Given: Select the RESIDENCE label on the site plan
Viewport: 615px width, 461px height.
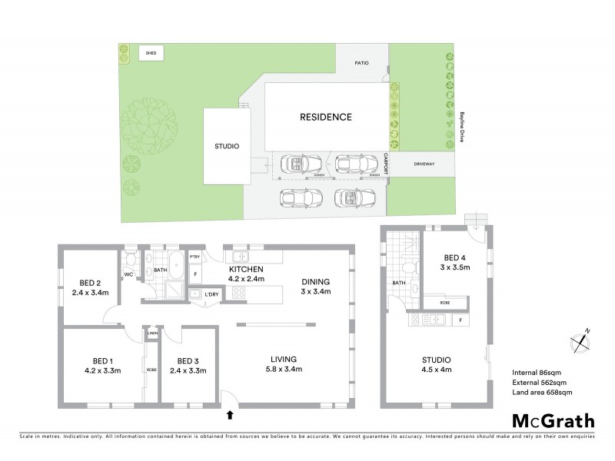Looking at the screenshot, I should (x=325, y=118).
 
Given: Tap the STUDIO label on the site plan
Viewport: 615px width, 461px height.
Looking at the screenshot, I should (x=227, y=146).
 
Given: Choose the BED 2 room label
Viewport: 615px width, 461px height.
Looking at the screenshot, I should (x=89, y=283).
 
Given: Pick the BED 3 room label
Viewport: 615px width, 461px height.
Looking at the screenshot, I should (x=188, y=361).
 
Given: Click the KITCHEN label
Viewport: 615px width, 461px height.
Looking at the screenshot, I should (x=246, y=269).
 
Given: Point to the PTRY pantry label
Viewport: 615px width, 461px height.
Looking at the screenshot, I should (x=194, y=257).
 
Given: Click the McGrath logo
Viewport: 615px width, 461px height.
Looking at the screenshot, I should (x=553, y=420).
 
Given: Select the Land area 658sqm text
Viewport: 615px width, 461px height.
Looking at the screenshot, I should (x=542, y=393).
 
